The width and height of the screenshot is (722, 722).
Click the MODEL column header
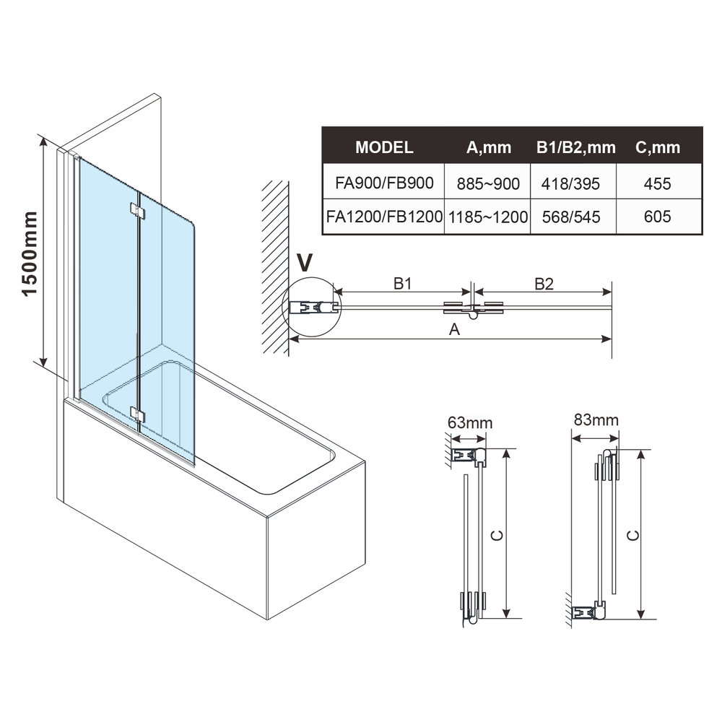[384, 147]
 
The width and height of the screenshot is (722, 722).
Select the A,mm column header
[489, 148]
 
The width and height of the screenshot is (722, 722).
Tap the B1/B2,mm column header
[575, 148]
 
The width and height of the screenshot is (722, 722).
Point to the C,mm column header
[658, 148]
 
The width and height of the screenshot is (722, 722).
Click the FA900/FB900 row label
[384, 183]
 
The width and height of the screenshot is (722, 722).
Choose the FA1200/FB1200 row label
[384, 217]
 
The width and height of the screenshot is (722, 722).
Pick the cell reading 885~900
[488, 184]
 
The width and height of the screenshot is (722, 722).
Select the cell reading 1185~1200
[488, 217]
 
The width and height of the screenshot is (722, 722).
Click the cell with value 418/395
[570, 184]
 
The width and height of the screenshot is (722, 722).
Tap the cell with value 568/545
[571, 217]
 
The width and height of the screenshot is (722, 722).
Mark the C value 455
[658, 184]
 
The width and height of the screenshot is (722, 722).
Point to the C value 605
[658, 217]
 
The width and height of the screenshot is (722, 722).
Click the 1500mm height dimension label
[30, 253]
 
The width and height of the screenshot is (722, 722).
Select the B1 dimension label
[402, 284]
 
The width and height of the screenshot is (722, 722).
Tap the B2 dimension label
[544, 284]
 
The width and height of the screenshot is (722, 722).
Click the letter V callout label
[305, 263]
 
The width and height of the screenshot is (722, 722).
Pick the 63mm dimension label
[470, 422]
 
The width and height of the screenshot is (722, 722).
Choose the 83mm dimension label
[596, 420]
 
